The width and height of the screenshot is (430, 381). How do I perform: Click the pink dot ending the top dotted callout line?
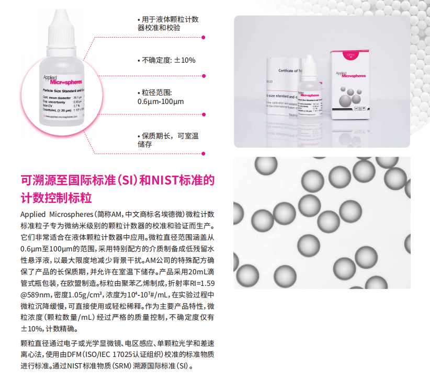pos(203,37)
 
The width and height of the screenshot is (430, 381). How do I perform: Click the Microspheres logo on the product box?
pos(355,75)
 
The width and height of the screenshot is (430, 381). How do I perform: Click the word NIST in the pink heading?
pos(164,181)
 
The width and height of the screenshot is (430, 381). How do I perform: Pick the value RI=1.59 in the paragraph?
pos(199,283)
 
